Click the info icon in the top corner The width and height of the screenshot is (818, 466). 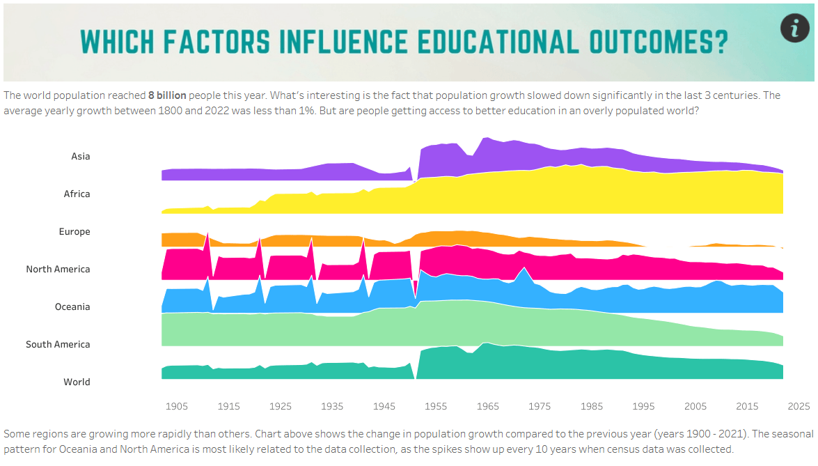click(x=794, y=28)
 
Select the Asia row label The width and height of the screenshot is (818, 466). click(x=81, y=156)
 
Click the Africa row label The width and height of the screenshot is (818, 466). click(x=77, y=194)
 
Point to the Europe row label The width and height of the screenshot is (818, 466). click(x=74, y=231)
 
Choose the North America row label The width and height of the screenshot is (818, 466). click(x=58, y=269)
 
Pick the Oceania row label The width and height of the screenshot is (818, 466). click(x=72, y=306)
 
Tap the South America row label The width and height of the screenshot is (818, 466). click(x=58, y=344)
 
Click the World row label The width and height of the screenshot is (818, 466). click(x=77, y=382)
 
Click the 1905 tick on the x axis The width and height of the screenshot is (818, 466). click(x=177, y=406)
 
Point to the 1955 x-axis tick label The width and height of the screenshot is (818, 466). click(x=436, y=406)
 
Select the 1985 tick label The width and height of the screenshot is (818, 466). click(x=592, y=406)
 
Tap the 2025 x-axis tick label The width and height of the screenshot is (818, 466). click(x=799, y=406)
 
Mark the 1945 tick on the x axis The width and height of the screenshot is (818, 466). click(x=384, y=406)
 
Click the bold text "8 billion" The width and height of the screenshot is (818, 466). click(x=167, y=95)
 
